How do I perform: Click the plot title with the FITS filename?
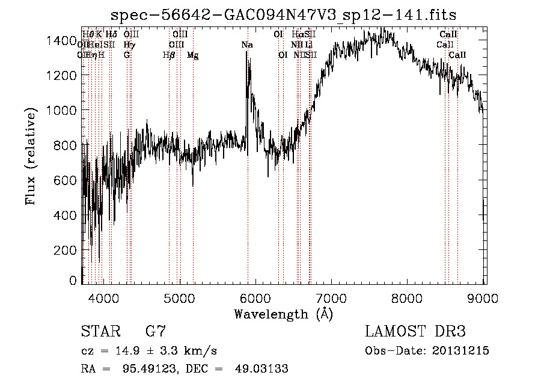pyautogui.click(x=284, y=15)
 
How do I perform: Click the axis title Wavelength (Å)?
pyautogui.click(x=283, y=313)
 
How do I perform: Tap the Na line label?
pyautogui.click(x=247, y=45)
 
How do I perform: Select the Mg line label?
pyautogui.click(x=192, y=55)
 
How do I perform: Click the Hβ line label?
pyautogui.click(x=169, y=55)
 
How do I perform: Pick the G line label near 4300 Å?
pyautogui.click(x=127, y=55)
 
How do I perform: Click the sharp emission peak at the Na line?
pyautogui.click(x=247, y=53)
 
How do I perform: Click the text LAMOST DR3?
pyautogui.click(x=415, y=332)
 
